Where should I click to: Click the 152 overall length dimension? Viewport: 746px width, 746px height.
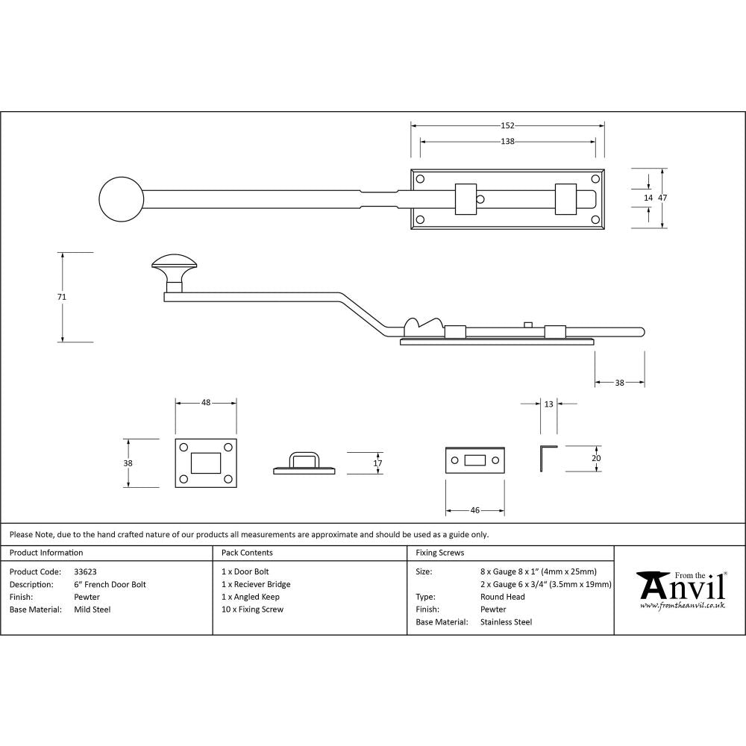(508, 125)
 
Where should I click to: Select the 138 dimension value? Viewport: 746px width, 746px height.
(507, 141)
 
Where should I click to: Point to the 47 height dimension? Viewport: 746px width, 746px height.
(662, 198)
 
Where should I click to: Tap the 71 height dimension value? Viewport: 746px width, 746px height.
(62, 297)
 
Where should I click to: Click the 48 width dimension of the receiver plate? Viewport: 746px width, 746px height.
(206, 403)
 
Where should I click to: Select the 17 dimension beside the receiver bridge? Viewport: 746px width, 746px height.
(377, 463)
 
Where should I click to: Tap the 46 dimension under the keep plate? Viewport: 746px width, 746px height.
(474, 510)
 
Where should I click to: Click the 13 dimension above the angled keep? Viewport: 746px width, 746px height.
(549, 404)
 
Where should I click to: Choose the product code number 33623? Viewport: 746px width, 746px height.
(86, 571)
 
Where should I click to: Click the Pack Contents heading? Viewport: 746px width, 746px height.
(247, 553)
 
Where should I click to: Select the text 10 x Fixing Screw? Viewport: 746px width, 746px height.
(253, 609)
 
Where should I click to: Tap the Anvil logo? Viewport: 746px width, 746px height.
(680, 589)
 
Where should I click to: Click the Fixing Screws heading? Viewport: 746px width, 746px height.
(439, 553)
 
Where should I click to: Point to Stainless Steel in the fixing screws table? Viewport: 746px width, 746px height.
(507, 622)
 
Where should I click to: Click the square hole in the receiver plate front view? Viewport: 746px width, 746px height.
(206, 463)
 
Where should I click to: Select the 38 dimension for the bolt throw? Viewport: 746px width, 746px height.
(619, 382)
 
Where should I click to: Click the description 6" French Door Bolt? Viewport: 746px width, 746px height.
(110, 584)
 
